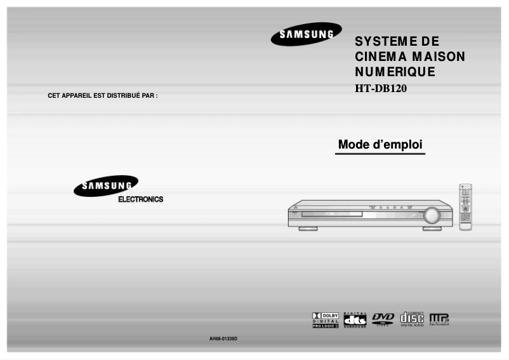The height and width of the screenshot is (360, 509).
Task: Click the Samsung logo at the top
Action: point(306,34)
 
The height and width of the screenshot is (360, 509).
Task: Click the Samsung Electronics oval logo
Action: point(105,186)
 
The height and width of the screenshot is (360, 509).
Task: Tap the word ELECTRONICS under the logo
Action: point(140,199)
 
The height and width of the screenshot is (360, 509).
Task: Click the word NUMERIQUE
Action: point(395,72)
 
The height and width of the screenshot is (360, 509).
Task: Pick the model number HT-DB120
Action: point(380,88)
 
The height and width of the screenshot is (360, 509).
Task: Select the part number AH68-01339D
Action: point(223,338)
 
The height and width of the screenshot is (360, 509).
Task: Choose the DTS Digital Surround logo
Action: point(355,319)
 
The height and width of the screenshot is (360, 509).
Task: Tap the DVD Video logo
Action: point(383,319)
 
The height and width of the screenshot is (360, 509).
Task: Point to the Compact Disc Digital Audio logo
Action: point(412,319)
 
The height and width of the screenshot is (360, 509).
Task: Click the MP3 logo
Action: point(439,319)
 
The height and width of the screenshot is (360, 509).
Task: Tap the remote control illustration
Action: point(465,207)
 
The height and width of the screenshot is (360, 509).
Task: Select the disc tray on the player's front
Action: point(331,215)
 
